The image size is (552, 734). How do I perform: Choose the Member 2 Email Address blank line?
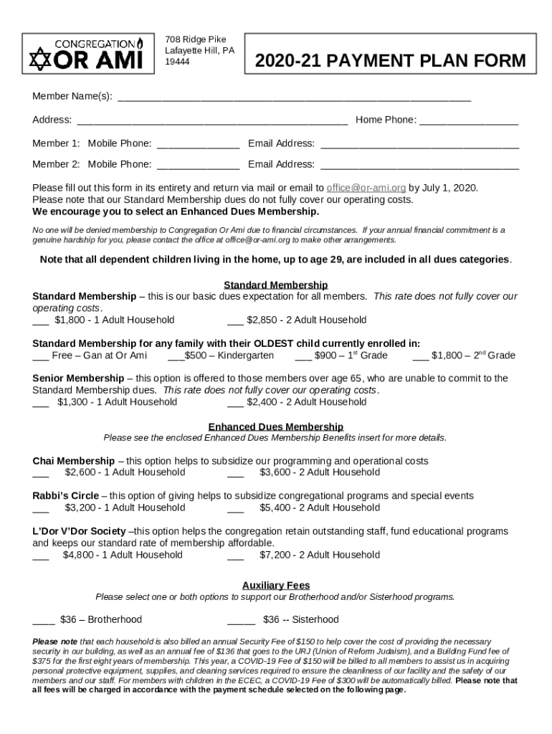click(x=419, y=166)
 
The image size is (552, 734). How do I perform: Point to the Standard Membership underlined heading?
click(x=276, y=285)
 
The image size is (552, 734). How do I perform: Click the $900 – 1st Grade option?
click(x=341, y=356)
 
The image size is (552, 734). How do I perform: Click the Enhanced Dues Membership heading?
click(x=276, y=426)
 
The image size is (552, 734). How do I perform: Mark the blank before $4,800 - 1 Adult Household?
click(x=40, y=556)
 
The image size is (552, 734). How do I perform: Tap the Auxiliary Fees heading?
click(x=276, y=586)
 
